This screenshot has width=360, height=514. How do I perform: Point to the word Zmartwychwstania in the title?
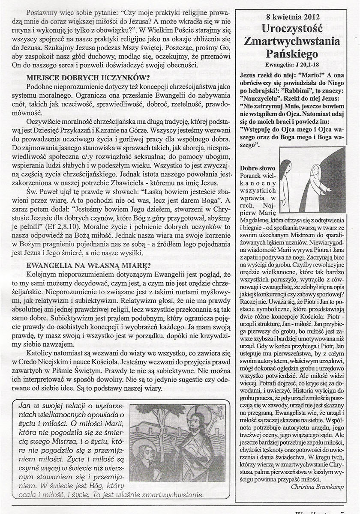coord(292,42)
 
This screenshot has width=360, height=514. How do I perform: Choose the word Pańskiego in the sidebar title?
coord(293,54)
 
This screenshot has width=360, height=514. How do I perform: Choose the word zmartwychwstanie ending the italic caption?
coord(175,494)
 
